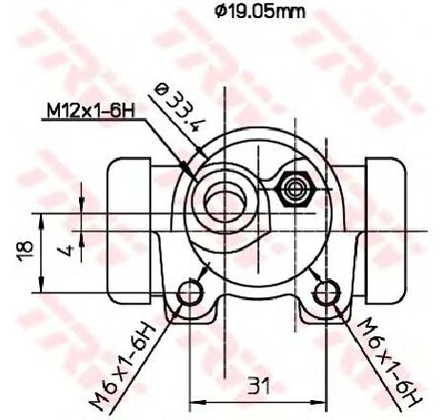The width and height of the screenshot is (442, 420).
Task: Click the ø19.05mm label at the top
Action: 259,11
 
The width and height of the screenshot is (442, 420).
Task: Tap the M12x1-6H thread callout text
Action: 91,111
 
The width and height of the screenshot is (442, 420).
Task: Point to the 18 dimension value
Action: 26,251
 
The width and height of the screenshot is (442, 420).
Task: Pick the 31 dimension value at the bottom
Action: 258,386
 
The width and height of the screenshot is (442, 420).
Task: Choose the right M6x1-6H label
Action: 389,362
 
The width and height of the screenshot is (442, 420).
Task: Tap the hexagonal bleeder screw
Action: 295,190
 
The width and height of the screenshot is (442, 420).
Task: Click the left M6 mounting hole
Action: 190,292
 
